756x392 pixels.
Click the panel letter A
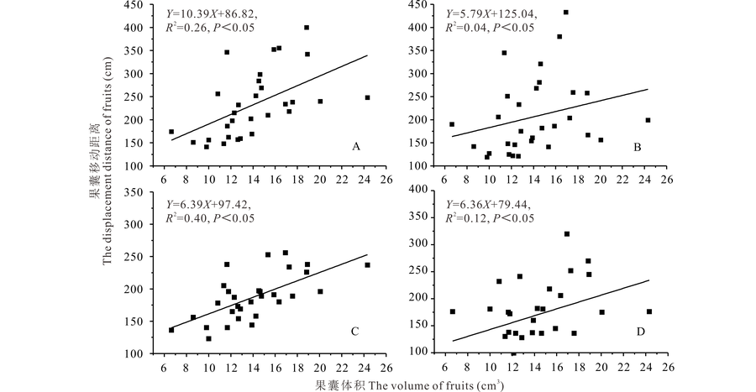(356, 147)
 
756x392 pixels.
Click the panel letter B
(638, 147)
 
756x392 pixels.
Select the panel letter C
(356, 332)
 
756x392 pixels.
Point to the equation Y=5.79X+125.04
(491, 14)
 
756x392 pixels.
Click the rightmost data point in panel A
(367, 97)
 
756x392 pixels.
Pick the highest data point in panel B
(566, 13)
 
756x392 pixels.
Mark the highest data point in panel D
(567, 233)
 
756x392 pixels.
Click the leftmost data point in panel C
(171, 330)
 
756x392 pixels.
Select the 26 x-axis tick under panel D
(668, 366)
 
